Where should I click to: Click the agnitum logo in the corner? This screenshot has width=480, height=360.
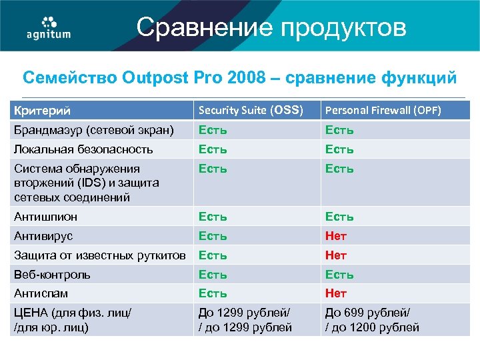(48, 27)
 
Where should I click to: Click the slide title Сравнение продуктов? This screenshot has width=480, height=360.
(271, 28)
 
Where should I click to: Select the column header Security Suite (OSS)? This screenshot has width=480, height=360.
(251, 110)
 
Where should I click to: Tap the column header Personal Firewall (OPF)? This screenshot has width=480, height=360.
(383, 110)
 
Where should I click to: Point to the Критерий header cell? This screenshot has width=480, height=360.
(43, 110)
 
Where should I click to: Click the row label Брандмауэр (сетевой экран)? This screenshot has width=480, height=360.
(94, 129)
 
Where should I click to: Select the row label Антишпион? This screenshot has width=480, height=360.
(46, 217)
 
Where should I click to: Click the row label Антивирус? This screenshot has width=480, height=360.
(44, 236)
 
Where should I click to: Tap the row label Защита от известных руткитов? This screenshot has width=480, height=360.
(100, 255)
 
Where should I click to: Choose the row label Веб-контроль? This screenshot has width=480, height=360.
(53, 275)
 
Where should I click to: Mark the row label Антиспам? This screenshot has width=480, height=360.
(41, 293)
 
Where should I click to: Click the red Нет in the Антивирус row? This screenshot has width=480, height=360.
(336, 236)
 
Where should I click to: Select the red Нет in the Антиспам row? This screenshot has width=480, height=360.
(336, 293)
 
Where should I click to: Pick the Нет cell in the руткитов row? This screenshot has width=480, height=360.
(336, 255)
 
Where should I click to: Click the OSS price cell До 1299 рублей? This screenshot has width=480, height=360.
(245, 319)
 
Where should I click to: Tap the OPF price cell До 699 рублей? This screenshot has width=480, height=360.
(372, 319)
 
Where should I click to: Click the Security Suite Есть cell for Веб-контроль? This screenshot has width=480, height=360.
(213, 275)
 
